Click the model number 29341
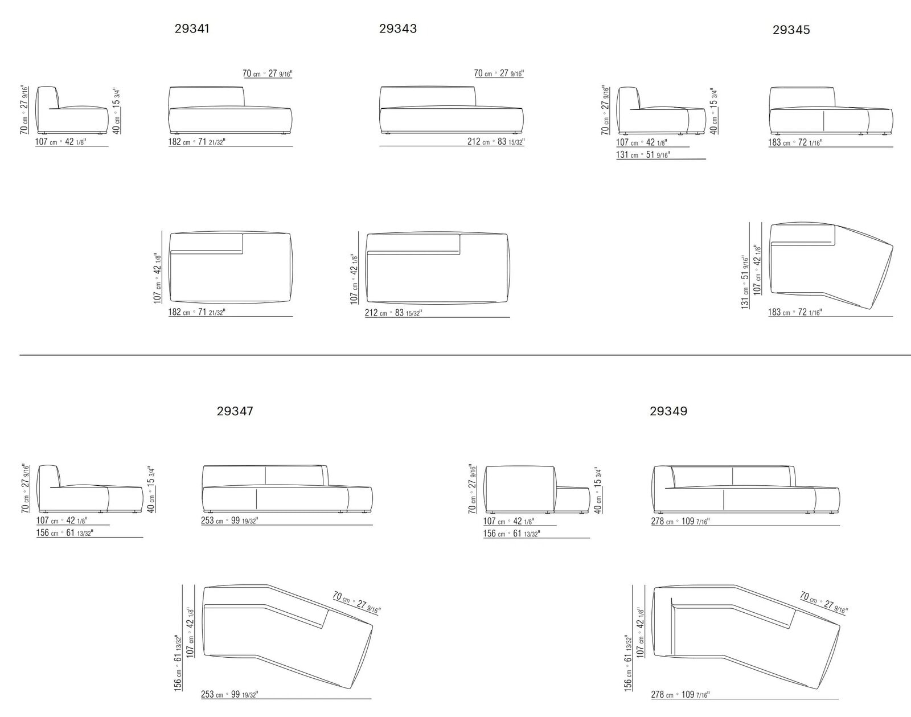pyautogui.click(x=192, y=29)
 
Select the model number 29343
pyautogui.click(x=398, y=28)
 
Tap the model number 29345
pyautogui.click(x=791, y=30)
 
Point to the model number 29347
pyautogui.click(x=235, y=411)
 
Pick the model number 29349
pyautogui.click(x=668, y=411)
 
